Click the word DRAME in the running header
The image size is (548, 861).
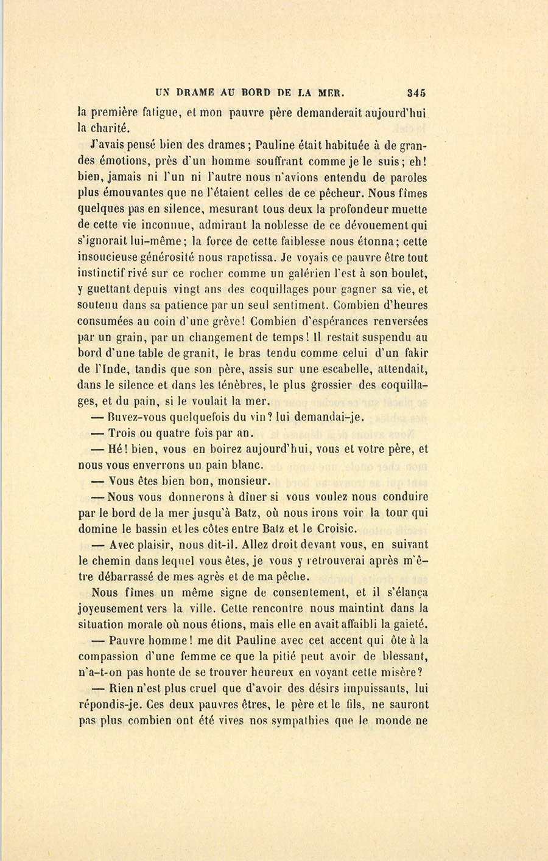(x=197, y=94)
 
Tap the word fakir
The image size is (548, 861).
(x=414, y=353)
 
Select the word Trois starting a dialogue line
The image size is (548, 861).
(x=123, y=433)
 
